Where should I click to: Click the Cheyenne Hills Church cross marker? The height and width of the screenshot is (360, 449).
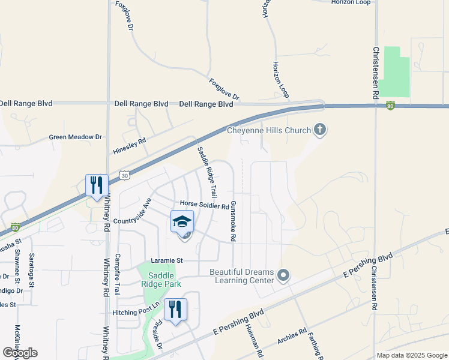click(x=320, y=130)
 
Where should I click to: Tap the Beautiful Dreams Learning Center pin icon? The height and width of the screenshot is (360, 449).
click(x=284, y=277)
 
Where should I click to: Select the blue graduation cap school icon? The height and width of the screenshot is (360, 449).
click(x=182, y=221)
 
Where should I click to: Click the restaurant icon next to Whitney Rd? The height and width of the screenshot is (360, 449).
click(x=97, y=185)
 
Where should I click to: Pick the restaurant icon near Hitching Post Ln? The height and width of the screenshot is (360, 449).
click(x=175, y=310)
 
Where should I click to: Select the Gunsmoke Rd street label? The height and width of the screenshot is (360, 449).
click(x=233, y=221)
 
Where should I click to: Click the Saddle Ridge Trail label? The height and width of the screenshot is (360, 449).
click(x=206, y=173)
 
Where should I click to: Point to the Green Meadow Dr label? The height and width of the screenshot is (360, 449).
click(x=76, y=137)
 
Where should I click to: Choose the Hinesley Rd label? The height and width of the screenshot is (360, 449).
click(x=130, y=147)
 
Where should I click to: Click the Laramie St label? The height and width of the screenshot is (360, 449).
click(x=166, y=260)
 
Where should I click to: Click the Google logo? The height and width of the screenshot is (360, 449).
click(x=20, y=353)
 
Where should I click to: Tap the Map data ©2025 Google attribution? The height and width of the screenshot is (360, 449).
click(x=411, y=355)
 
